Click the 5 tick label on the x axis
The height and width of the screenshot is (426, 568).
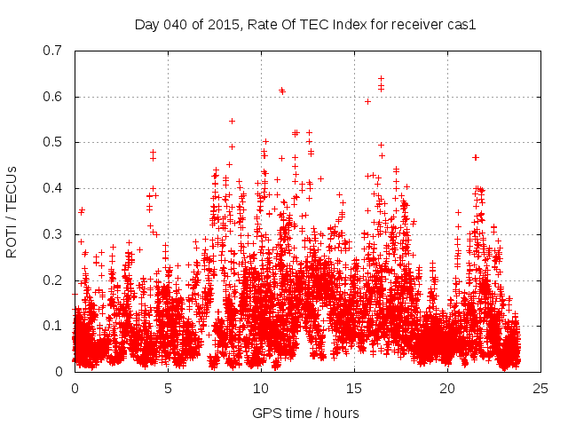click(x=168, y=389)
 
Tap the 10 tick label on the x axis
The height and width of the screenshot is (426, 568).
click(x=261, y=389)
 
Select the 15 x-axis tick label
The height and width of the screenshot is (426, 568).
click(x=354, y=389)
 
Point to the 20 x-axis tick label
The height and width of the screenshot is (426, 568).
click(x=447, y=389)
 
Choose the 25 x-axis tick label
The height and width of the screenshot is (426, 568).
click(x=540, y=389)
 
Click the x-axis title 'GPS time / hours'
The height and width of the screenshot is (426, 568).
click(x=305, y=413)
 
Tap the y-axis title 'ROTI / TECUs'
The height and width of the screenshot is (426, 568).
click(x=12, y=211)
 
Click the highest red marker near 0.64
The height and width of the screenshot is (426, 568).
click(x=381, y=79)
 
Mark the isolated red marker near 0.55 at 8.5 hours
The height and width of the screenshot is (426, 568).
click(x=232, y=121)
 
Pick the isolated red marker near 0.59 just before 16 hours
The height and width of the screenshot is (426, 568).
click(x=367, y=101)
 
